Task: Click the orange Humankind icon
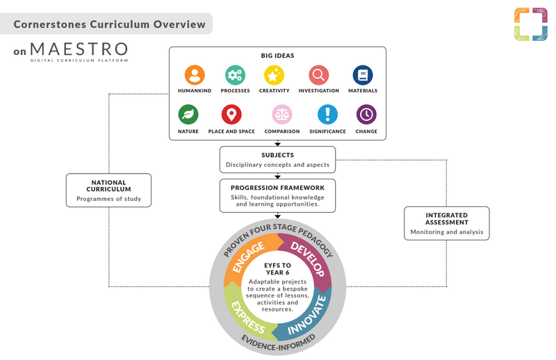[x=195, y=75]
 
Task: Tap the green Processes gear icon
[x=235, y=75]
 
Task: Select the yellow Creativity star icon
[x=274, y=75]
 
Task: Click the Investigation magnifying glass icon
[x=319, y=75]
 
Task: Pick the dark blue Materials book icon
[x=363, y=75]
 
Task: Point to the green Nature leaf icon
[x=188, y=115]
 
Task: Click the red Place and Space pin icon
[x=231, y=115]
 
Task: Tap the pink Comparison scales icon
[x=282, y=115]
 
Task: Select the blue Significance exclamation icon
[x=327, y=115]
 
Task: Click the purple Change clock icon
[x=366, y=115]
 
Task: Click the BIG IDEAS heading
[x=277, y=56]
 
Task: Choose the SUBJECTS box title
[x=277, y=155]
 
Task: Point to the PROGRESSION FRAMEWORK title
[x=277, y=188]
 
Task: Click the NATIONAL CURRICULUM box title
[x=109, y=186]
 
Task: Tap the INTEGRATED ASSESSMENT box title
[x=447, y=219]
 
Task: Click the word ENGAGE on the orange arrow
[x=249, y=256]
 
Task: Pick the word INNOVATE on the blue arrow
[x=307, y=316]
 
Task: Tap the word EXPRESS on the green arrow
[x=248, y=318]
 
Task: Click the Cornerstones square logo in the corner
[x=531, y=24]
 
